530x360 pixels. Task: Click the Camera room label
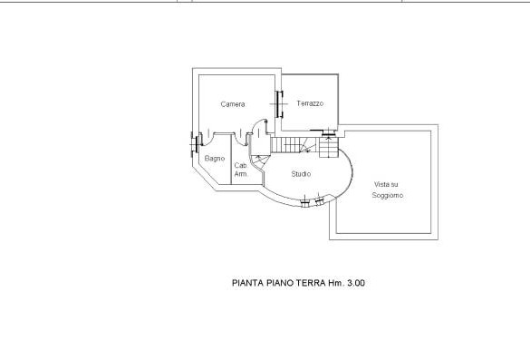(x=233, y=104)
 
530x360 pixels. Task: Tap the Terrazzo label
(x=310, y=103)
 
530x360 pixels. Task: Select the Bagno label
(x=215, y=159)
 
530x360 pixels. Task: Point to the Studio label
(x=301, y=174)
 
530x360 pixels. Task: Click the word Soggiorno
(x=388, y=195)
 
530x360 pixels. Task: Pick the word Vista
(x=381, y=184)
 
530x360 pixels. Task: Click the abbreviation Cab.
(x=241, y=166)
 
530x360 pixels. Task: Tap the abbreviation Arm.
(x=241, y=174)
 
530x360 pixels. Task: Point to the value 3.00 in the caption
(x=356, y=283)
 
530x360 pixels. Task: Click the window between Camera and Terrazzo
(x=279, y=104)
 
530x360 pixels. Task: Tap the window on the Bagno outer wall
(x=194, y=145)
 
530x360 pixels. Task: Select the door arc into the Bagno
(x=207, y=139)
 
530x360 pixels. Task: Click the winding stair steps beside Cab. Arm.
(x=260, y=161)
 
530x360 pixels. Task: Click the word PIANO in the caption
(x=280, y=283)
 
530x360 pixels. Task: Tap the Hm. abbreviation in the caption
(x=336, y=283)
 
